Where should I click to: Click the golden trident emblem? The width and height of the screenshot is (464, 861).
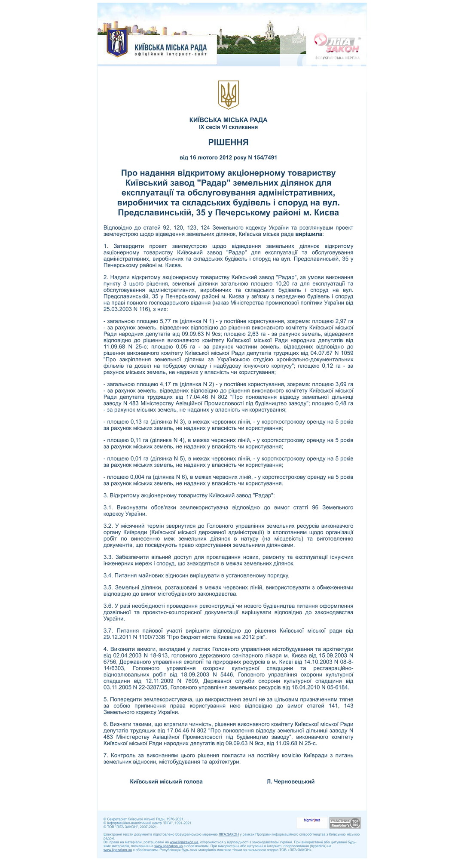tap(228, 95)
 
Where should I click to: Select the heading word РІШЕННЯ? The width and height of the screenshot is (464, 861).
tap(228, 142)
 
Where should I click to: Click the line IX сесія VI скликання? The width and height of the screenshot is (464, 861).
tap(228, 127)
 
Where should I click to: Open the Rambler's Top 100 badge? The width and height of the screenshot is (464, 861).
tap(345, 823)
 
